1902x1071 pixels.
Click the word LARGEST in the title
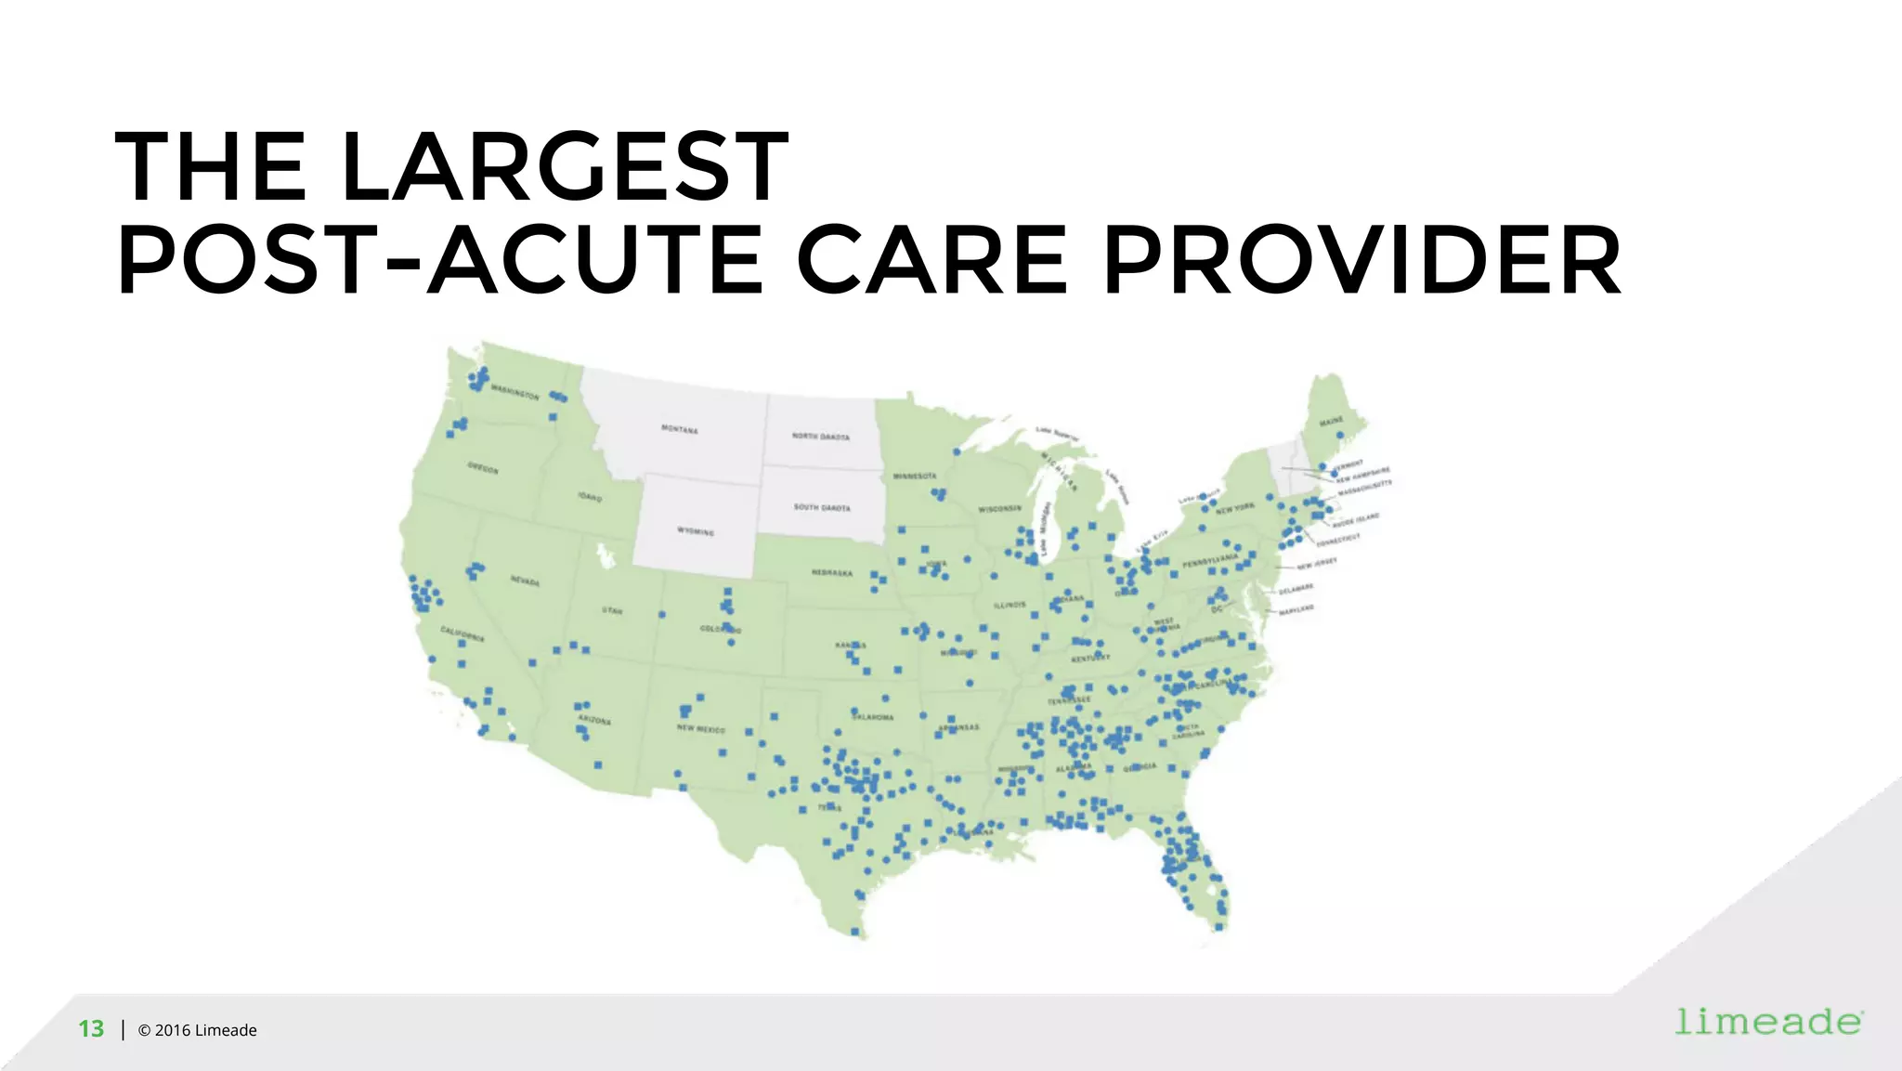coord(566,167)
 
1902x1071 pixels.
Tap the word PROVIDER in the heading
coord(1361,262)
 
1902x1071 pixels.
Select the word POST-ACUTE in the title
coord(439,262)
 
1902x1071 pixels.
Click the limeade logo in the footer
coord(1768,1022)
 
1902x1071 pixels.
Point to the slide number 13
coord(91,1029)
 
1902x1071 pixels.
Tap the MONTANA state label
coord(679,429)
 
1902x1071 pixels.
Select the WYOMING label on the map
coord(696,531)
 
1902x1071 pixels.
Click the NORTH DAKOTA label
coord(820,436)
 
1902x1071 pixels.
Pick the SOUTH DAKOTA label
coord(822,507)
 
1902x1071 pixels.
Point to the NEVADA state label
coord(525,581)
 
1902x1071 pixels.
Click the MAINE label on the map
coord(1332,422)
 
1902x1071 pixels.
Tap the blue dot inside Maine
coord(1339,435)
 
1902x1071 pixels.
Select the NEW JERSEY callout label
coord(1317,563)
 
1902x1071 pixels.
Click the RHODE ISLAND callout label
coord(1356,520)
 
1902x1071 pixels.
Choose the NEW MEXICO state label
coord(701,729)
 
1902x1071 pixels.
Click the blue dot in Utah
coord(663,614)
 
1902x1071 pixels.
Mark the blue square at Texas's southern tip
coord(855,931)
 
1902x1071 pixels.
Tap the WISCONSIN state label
coord(999,509)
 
